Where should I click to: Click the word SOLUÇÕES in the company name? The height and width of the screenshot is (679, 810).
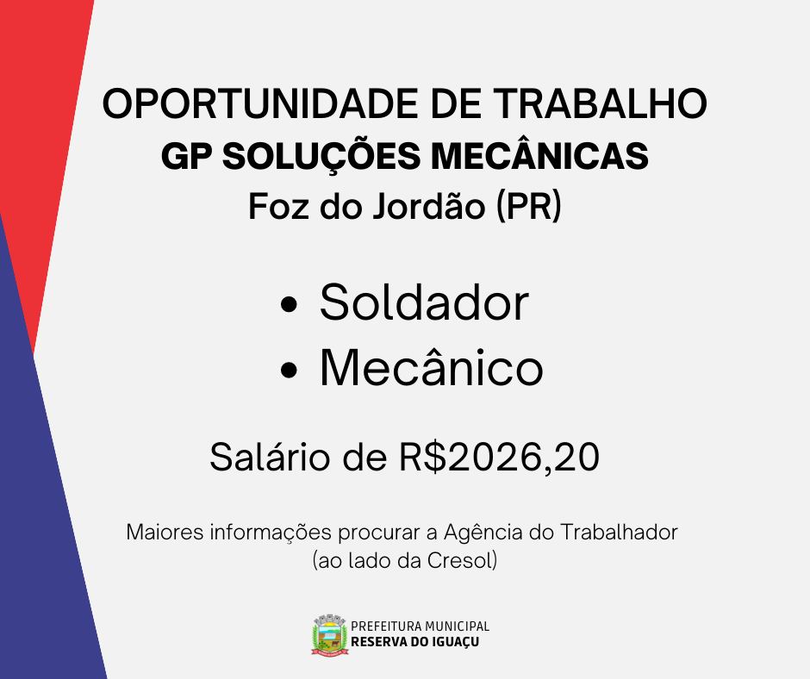[x=321, y=155]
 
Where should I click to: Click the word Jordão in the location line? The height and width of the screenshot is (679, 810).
[x=429, y=206]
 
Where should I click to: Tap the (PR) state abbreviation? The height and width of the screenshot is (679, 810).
[x=528, y=207]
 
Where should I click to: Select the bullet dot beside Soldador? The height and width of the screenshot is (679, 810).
[x=289, y=304]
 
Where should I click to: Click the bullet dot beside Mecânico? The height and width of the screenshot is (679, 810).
[x=289, y=370]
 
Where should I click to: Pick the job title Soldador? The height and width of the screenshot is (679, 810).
[x=424, y=302]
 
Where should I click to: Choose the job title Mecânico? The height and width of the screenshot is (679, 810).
[x=432, y=367]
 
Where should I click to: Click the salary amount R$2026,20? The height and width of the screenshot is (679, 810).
[x=499, y=458]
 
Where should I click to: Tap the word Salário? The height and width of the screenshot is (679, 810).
[x=270, y=457]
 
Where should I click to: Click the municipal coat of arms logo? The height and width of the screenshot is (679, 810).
[x=329, y=635]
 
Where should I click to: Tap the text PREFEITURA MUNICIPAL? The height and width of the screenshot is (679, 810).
[x=420, y=626]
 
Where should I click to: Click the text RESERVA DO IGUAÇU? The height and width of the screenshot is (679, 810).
[x=414, y=642]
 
